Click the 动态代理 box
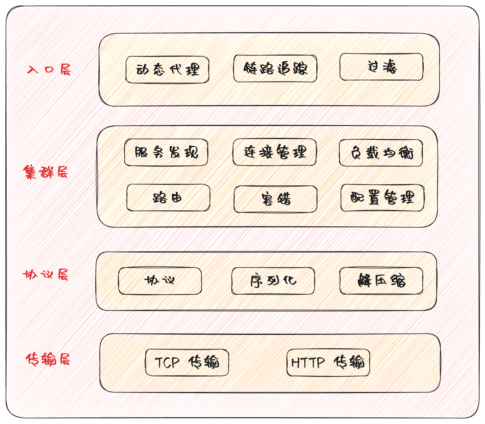click(x=167, y=70)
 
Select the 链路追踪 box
click(x=275, y=68)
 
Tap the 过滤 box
click(x=381, y=67)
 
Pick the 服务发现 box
click(x=166, y=152)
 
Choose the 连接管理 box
click(x=274, y=152)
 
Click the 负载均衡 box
click(x=381, y=153)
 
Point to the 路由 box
click(x=168, y=198)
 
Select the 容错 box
click(x=275, y=199)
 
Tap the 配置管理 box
click(x=382, y=198)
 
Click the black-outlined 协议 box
click(x=160, y=281)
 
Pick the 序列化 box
click(x=273, y=281)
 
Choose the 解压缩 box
click(x=381, y=281)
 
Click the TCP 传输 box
click(x=187, y=362)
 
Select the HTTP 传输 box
click(x=328, y=362)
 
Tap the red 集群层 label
click(x=45, y=172)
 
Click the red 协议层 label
click(x=45, y=275)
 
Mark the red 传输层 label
click(x=48, y=360)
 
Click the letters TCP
click(x=167, y=363)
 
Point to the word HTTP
click(x=308, y=363)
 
